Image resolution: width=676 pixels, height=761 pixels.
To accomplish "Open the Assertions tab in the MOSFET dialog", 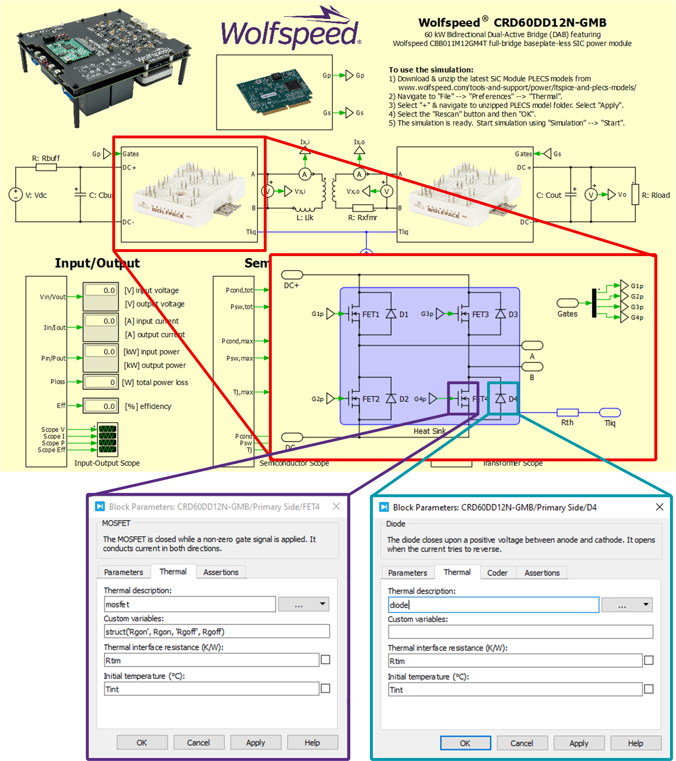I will (221, 572).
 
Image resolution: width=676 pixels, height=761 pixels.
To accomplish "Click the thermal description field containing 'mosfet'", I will (190, 604).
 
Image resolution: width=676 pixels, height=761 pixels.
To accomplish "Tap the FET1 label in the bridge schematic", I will (371, 315).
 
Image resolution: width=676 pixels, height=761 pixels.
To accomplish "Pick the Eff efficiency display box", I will (101, 406).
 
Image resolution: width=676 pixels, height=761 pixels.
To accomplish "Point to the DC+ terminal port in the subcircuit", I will (292, 275).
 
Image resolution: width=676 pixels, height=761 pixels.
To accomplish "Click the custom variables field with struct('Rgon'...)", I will (217, 631).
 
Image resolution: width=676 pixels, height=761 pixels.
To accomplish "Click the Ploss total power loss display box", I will (101, 382).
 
